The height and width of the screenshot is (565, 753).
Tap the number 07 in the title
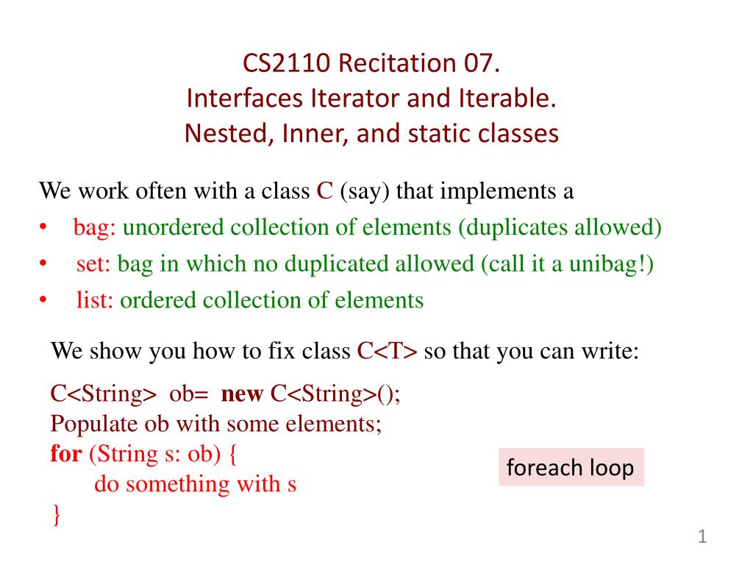[482, 65]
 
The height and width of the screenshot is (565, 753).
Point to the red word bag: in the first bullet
[95, 227]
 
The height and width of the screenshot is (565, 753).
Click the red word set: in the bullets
[93, 263]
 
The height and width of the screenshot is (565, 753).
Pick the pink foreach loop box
[571, 468]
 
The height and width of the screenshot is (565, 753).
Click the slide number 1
[702, 538]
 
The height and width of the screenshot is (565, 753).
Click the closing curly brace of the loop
[56, 515]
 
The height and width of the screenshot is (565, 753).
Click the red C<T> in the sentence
[388, 351]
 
